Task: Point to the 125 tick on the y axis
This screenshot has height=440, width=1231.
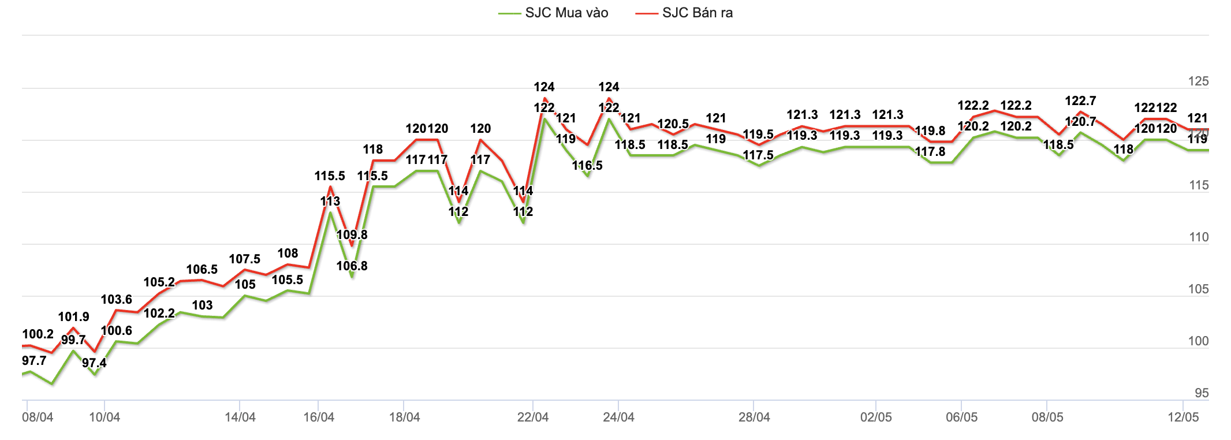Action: coord(1198,81)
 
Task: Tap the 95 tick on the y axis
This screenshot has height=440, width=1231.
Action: coord(1202,393)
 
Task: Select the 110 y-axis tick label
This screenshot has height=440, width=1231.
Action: coord(1199,237)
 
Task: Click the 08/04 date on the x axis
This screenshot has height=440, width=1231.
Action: coord(38,417)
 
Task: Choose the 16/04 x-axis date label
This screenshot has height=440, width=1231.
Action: coord(319,417)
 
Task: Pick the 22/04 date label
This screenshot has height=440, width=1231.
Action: coord(533,417)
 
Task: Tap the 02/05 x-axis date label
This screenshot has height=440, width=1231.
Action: coord(876,417)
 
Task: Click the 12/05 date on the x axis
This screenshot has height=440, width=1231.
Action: coord(1183,417)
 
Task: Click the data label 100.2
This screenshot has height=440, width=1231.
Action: coord(38,334)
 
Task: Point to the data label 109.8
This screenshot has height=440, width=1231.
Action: coord(352,235)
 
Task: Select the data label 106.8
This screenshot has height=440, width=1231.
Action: coord(352,266)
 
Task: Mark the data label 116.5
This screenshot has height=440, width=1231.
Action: coord(587,166)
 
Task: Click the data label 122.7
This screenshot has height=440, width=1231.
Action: coord(1080,101)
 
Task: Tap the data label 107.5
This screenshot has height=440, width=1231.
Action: coord(245,259)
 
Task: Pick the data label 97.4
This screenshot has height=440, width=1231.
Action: coord(94,363)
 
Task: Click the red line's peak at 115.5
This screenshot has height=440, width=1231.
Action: coord(330,187)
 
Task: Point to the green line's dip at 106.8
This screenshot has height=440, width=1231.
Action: coord(352,277)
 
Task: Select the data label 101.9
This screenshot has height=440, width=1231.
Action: coord(74,317)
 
